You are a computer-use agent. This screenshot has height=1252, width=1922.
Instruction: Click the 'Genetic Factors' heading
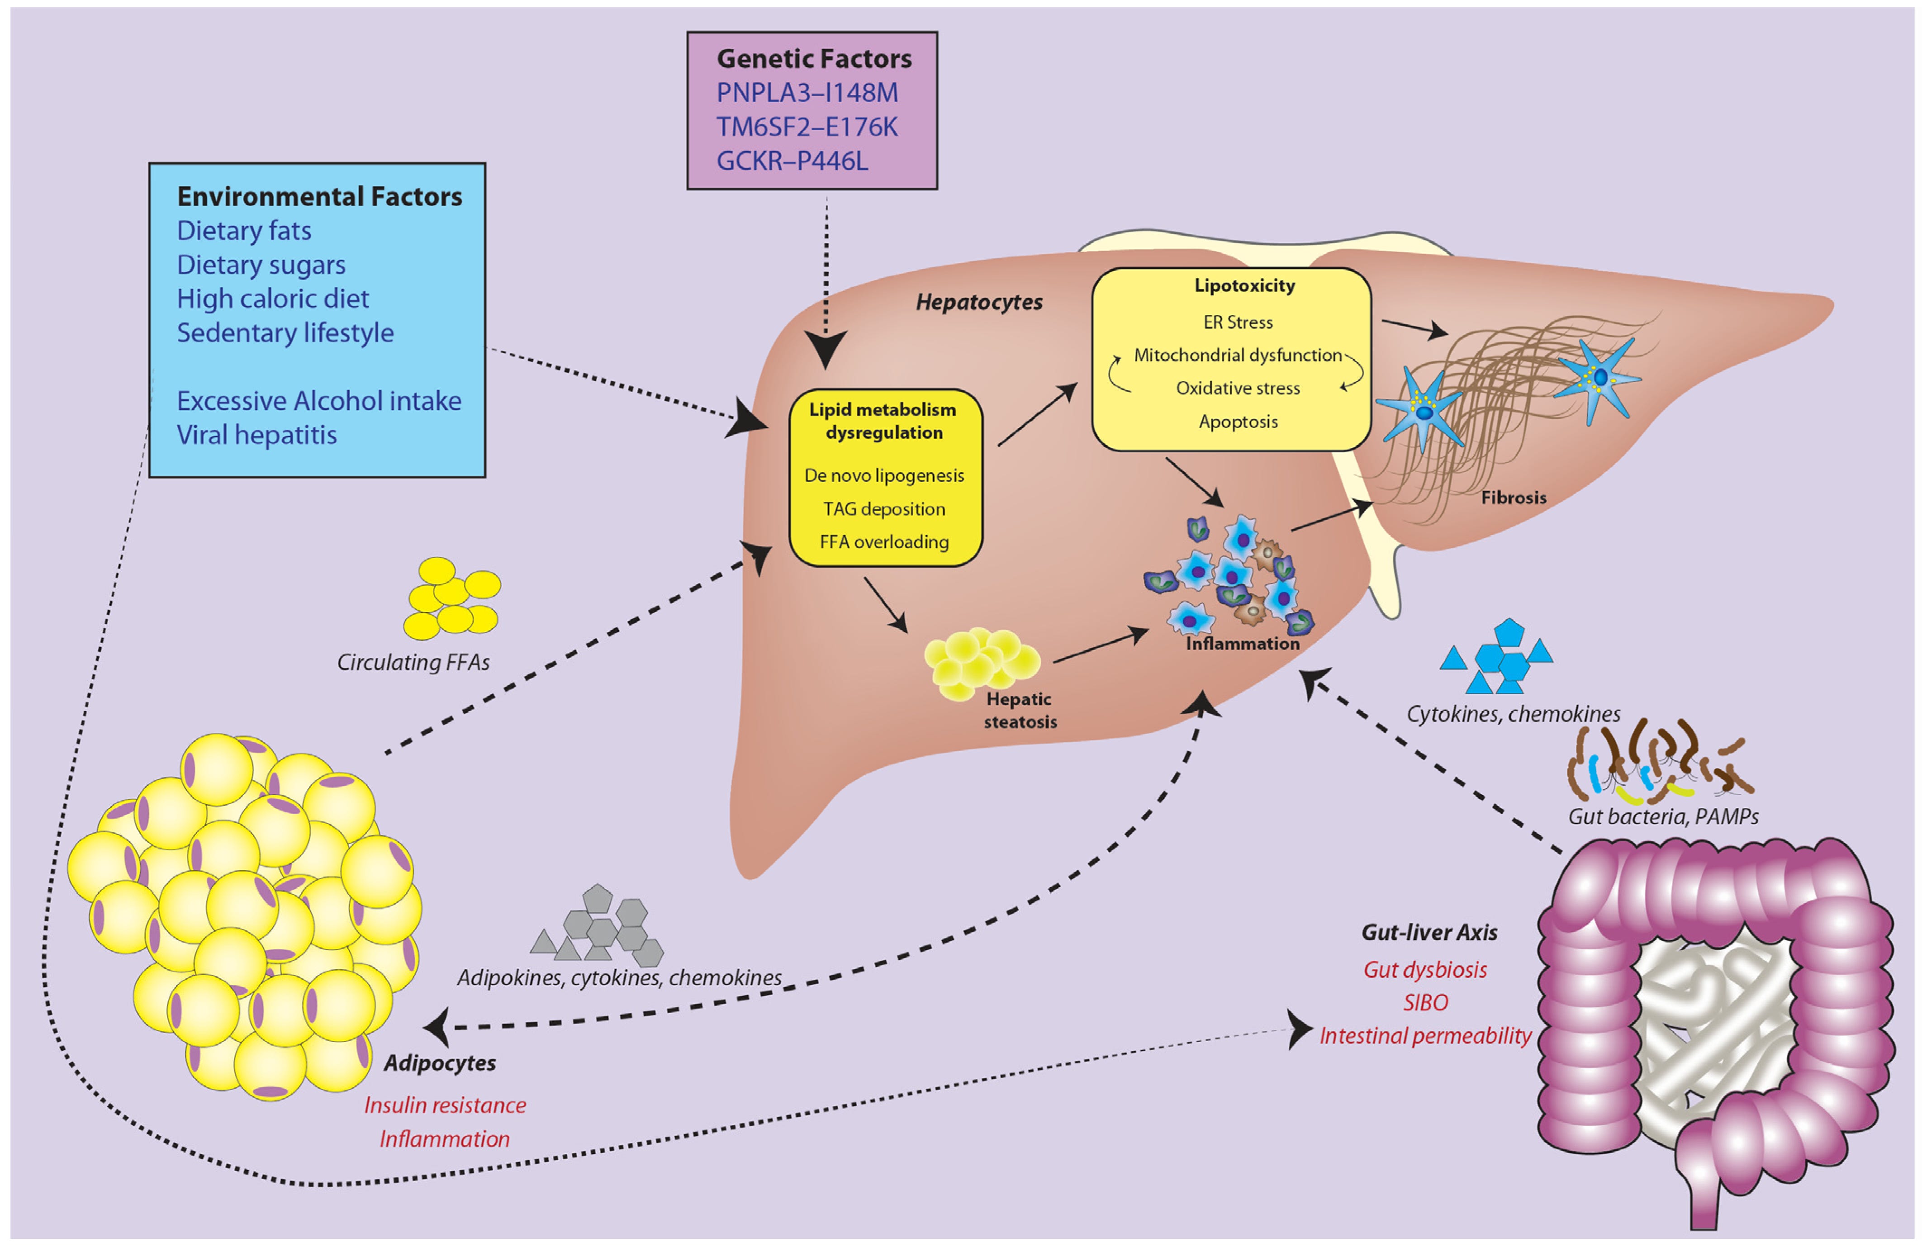tap(814, 59)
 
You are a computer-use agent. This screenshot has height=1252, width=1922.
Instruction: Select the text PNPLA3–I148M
tap(807, 93)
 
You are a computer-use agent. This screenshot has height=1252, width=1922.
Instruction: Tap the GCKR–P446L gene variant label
tap(792, 161)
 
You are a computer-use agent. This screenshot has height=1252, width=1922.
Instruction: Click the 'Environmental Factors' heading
tap(320, 196)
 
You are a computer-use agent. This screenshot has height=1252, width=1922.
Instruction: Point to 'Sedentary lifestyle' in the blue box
tap(285, 333)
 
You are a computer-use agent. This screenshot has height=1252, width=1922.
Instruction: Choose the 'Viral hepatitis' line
tap(257, 435)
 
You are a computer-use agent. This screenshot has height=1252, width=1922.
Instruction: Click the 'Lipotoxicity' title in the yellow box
tap(1244, 285)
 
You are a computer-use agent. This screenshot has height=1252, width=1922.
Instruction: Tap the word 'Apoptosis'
tap(1238, 422)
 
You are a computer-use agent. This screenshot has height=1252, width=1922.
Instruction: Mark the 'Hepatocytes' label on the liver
tap(979, 302)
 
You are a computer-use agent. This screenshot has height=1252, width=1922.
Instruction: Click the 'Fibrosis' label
tap(1514, 498)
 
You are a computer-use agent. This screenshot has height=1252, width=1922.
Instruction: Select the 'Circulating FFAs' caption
tap(413, 662)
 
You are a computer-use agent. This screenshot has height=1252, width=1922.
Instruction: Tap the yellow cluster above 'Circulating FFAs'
tap(452, 598)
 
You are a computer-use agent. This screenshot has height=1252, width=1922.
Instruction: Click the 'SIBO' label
tap(1425, 1002)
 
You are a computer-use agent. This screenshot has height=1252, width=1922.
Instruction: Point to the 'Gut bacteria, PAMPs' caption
tap(1663, 816)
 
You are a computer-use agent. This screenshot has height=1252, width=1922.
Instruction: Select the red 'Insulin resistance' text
tap(445, 1105)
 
